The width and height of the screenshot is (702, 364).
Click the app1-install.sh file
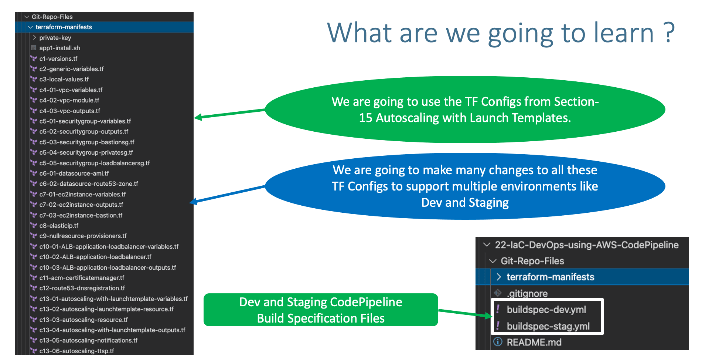pyautogui.click(x=59, y=48)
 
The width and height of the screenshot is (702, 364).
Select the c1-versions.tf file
pyautogui.click(x=58, y=58)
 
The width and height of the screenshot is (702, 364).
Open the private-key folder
pyautogui.click(x=55, y=38)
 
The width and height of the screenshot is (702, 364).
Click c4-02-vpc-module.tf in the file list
pyautogui.click(x=69, y=100)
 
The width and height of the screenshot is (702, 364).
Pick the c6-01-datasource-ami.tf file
pyautogui.click(x=74, y=173)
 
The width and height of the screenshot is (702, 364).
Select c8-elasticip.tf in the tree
pyautogui.click(x=59, y=226)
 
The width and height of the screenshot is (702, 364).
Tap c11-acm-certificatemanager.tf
pyautogui.click(x=82, y=278)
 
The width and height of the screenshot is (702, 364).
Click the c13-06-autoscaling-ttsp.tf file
pyautogui.click(x=76, y=351)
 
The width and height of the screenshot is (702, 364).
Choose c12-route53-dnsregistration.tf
pyautogui.click(x=82, y=288)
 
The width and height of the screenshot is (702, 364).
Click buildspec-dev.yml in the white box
pyautogui.click(x=546, y=310)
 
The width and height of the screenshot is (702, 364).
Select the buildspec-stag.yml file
pyautogui.click(x=548, y=326)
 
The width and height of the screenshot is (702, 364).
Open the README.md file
pyautogui.click(x=534, y=342)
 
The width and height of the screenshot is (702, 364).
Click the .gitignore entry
pyautogui.click(x=527, y=293)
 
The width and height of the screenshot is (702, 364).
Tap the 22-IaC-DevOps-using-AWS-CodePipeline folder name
pyautogui.click(x=587, y=245)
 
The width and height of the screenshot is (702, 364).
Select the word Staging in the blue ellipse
pyautogui.click(x=488, y=203)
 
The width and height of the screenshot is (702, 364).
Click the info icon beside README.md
pyautogui.click(x=498, y=342)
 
